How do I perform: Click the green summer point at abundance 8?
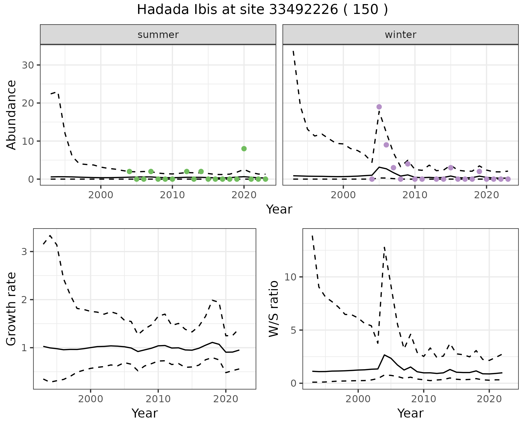point(244,149)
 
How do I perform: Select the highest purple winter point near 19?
point(379,107)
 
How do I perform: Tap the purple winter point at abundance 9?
point(386,145)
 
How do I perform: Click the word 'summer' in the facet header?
point(158,35)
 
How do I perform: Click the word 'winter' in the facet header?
point(400,35)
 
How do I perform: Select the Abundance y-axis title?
point(11,115)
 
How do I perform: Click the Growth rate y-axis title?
point(11,309)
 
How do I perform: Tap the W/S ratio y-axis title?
point(273,309)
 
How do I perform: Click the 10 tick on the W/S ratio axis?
point(290,277)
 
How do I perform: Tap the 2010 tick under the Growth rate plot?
point(158,399)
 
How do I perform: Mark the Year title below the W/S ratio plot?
point(410,413)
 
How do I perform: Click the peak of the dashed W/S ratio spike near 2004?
point(384,247)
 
